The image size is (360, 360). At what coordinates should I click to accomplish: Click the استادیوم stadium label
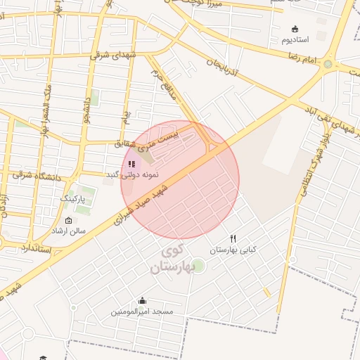pos(296,40)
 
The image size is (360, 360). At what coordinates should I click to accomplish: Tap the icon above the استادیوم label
pos(295,29)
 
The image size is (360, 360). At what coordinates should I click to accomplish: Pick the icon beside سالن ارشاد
pos(67,220)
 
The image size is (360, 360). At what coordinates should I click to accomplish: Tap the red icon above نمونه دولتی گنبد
pos(131,164)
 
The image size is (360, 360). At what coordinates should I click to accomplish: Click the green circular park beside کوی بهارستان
pos(198,265)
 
